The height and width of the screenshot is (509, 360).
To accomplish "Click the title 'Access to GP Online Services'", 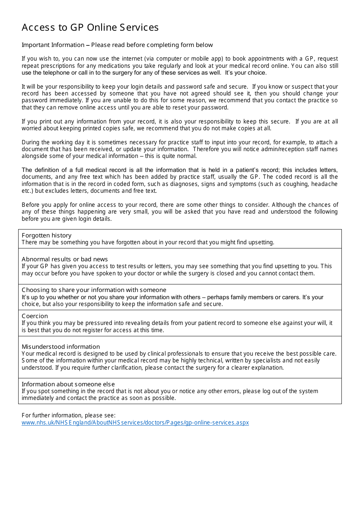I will point(90,28).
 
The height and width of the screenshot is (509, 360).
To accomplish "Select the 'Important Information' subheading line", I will point(117,45).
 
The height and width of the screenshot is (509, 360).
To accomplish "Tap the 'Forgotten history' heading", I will point(46,236).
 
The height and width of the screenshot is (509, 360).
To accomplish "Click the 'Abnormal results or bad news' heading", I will point(64,259).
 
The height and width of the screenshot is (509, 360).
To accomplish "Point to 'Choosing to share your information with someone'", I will point(94,290).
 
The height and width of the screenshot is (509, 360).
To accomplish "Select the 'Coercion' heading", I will point(35,316).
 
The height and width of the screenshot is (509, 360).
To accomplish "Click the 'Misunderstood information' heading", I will point(61,347).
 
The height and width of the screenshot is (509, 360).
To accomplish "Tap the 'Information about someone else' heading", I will point(68,384).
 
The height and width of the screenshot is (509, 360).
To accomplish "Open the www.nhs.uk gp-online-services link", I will point(135,423).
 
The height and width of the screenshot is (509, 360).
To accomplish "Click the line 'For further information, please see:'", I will point(69,415).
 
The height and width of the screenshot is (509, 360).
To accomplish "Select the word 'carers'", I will point(290,297).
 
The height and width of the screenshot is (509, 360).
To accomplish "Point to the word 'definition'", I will point(47,170).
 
